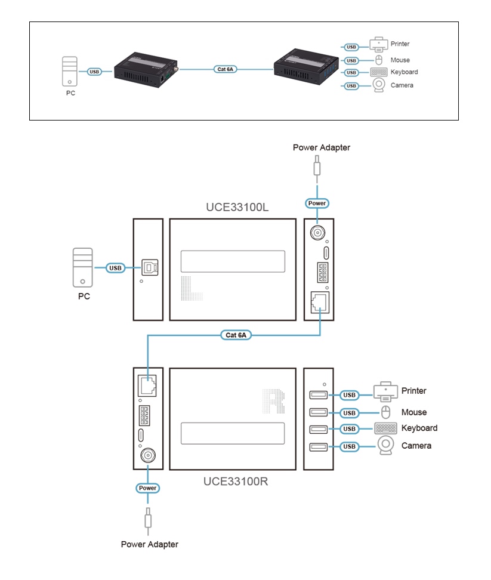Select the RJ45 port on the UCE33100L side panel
[x=319, y=302]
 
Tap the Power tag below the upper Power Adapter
[x=317, y=203]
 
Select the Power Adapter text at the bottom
[x=149, y=544]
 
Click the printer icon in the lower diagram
[x=385, y=392]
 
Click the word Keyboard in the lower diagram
[x=419, y=428]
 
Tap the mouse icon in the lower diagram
[x=385, y=412]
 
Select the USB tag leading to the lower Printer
[x=350, y=394]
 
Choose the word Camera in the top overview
[x=402, y=85]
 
